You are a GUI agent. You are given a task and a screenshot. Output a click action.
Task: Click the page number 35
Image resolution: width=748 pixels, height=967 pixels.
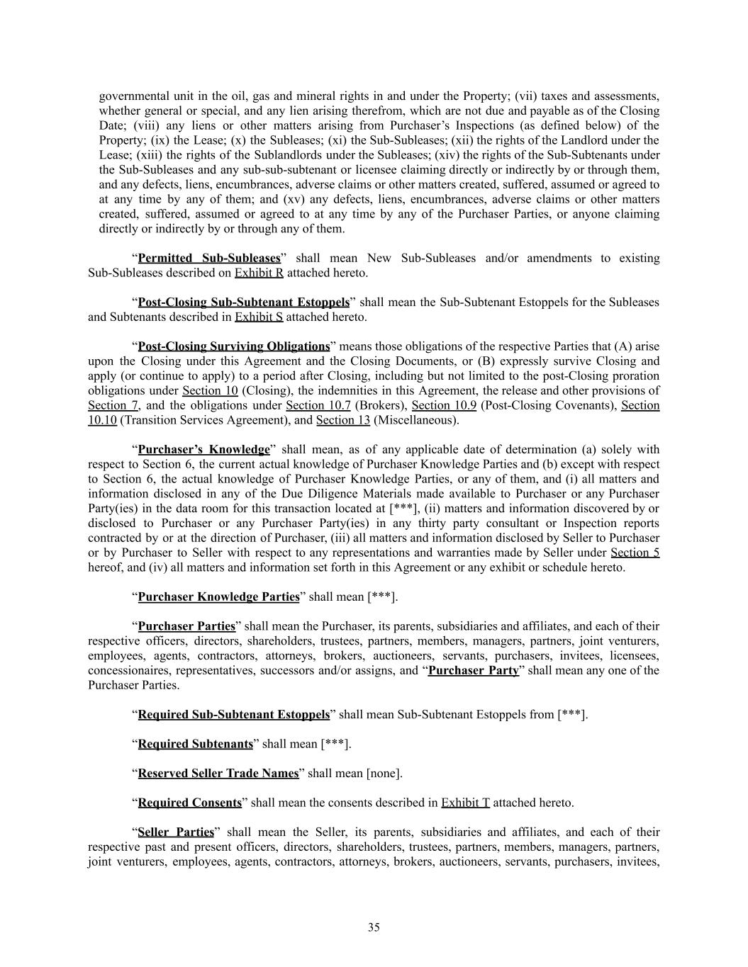374,927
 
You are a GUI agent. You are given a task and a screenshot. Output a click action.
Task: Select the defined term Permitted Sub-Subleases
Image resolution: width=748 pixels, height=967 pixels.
209,258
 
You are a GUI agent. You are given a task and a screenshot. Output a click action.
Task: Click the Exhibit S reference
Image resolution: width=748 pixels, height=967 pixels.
259,317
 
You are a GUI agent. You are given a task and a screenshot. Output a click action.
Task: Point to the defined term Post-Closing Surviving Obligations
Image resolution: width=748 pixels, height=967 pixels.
233,346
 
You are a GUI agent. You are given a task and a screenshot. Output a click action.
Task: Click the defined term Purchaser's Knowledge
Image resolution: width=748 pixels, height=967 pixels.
203,449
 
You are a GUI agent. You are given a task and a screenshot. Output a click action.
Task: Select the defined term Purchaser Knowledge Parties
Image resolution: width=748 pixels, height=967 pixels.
218,596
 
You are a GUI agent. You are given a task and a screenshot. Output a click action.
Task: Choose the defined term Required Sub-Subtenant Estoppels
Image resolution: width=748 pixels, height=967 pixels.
233,714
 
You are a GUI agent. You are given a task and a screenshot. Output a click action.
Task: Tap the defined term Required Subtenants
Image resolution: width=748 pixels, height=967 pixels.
195,744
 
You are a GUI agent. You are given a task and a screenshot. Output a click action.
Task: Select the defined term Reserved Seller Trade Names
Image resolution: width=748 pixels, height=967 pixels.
218,773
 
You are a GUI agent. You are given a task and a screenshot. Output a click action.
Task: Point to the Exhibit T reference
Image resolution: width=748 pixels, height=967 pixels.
465,803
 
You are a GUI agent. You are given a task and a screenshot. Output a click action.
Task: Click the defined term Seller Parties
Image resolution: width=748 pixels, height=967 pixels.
175,832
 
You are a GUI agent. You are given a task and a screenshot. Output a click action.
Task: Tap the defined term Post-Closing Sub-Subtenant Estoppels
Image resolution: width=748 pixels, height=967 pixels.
243,302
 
